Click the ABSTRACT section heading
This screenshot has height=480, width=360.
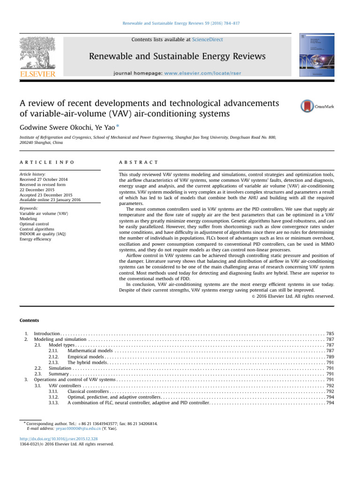pos(139,162)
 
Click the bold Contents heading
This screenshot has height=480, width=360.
pos(29,320)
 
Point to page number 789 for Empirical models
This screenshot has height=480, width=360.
pos(330,357)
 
